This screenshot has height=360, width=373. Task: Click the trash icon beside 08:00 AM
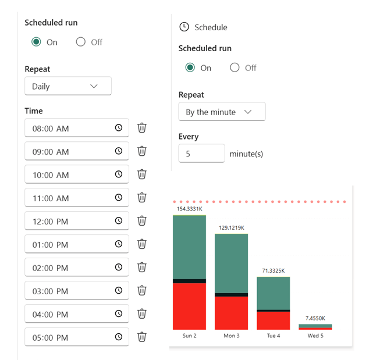[x=142, y=128]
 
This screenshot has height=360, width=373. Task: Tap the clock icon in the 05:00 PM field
[x=119, y=337]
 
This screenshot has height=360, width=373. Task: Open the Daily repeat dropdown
[x=68, y=87]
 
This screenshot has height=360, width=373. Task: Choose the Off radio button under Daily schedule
[x=81, y=42]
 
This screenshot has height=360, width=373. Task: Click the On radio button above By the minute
[x=190, y=67]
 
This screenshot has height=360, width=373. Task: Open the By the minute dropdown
[x=222, y=112]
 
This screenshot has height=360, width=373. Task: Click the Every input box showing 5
[x=201, y=154]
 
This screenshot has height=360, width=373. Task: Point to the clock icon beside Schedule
[x=184, y=27]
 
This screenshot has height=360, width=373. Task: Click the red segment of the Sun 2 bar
[x=189, y=306]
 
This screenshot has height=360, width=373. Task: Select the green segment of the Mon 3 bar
[x=232, y=263]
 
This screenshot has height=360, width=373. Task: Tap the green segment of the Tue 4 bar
[x=273, y=293]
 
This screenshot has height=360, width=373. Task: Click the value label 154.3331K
[x=189, y=209]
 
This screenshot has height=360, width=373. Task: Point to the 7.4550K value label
[x=315, y=318]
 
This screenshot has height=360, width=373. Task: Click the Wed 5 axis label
[x=315, y=336]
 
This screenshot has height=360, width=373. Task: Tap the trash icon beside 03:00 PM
[x=142, y=290]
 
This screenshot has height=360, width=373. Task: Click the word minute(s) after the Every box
[x=246, y=154]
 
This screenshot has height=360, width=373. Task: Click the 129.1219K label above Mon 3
[x=232, y=227]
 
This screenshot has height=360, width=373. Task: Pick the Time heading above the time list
[x=34, y=111]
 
